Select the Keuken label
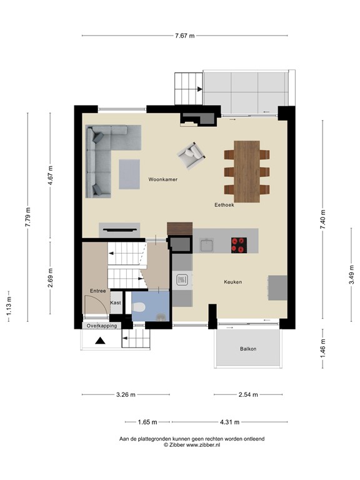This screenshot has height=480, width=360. click(232, 282)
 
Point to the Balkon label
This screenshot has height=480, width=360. click(248, 349)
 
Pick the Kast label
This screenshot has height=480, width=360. click(116, 302)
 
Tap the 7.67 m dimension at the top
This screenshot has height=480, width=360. click(184, 36)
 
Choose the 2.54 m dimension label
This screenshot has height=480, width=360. click(248, 394)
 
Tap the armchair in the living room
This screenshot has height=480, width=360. click(191, 154)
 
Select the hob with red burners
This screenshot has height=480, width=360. click(238, 244)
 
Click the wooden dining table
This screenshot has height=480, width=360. click(247, 171)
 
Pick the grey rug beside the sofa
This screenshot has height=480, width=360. click(129, 174)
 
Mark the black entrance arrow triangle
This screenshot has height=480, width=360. click(99, 341)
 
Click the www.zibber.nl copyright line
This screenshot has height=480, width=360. click(192, 445)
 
